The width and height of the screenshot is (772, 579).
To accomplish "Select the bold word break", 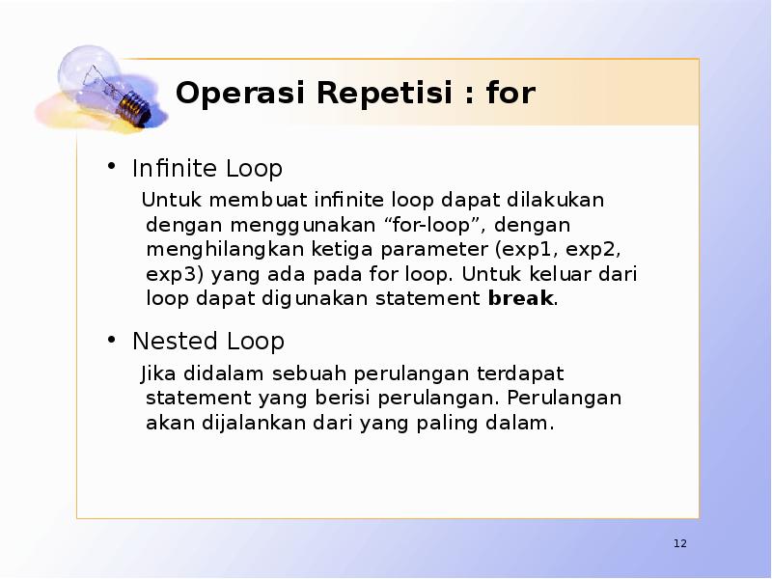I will [x=521, y=298].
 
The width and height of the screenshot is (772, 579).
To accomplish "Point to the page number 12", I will [x=680, y=545].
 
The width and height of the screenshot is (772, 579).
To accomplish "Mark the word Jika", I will [x=159, y=373].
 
